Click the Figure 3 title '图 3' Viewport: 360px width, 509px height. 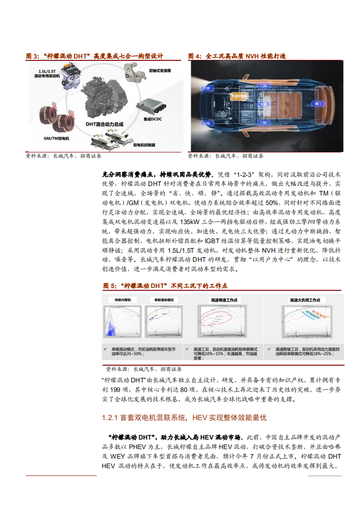33,56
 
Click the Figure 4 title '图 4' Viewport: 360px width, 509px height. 195,56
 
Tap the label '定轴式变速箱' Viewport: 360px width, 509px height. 160,71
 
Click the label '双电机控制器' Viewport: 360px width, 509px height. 144,145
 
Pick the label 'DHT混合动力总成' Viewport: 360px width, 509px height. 104,123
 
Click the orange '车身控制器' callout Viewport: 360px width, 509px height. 240,97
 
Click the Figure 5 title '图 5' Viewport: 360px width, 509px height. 110,286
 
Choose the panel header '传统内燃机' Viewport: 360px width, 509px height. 123,300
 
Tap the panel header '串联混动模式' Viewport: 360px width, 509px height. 164,300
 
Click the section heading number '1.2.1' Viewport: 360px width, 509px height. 110,417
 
